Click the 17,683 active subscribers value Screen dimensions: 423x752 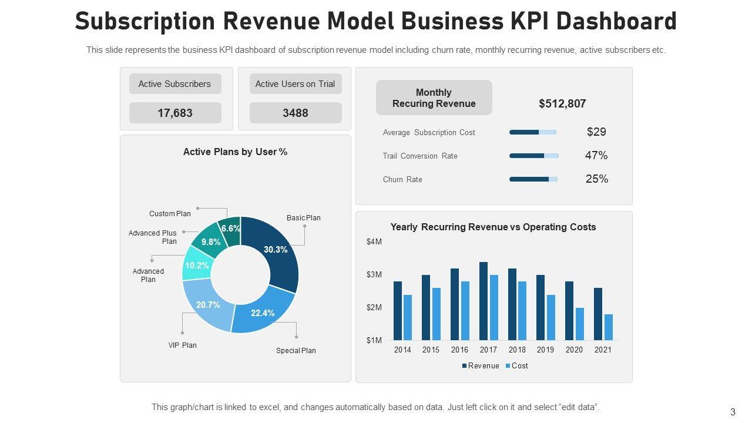[175, 113]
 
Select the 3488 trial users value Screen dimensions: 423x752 [295, 113]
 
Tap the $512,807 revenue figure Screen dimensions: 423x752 [562, 103]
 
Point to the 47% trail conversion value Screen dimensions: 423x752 [596, 156]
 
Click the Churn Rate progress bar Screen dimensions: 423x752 [533, 179]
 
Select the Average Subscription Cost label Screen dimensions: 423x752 [429, 133]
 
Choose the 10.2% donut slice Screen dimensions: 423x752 [196, 266]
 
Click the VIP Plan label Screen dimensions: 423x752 [183, 345]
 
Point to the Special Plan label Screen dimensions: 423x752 [296, 351]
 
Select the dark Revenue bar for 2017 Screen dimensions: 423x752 [484, 301]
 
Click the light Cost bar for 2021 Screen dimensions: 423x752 [609, 327]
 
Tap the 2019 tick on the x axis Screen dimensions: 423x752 [545, 350]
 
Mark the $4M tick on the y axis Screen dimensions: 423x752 [374, 242]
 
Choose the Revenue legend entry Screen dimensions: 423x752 [481, 366]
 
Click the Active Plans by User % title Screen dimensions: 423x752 [235, 152]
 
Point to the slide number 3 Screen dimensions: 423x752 [733, 412]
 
